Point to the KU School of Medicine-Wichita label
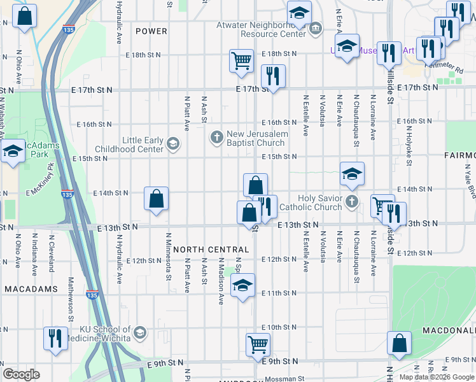(x=104, y=334)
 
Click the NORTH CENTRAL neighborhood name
(x=211, y=250)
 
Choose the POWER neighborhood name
(x=151, y=31)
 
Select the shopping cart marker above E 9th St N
(x=258, y=344)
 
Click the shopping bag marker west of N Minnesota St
(x=157, y=199)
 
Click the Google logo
(x=22, y=374)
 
